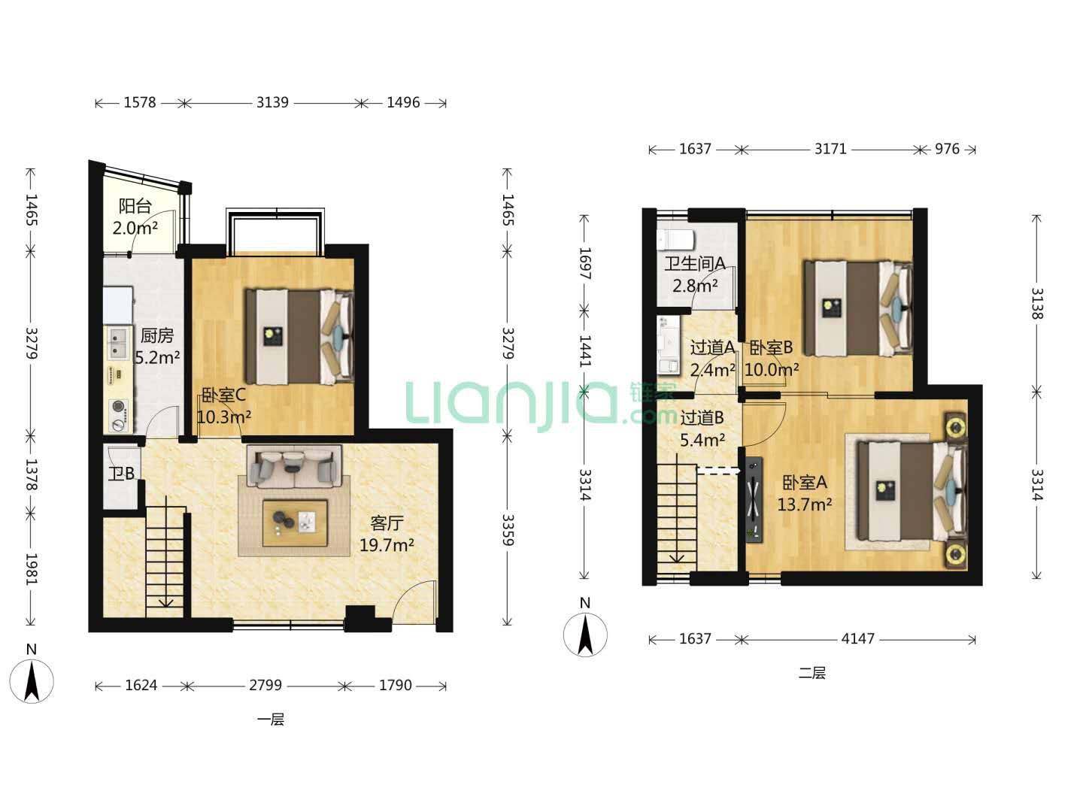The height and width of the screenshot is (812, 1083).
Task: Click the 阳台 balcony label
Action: pos(135,206)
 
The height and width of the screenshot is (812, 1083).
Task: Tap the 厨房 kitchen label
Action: pos(157,336)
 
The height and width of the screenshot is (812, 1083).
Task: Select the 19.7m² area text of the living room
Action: pos(387,545)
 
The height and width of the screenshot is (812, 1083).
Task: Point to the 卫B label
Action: pos(121,474)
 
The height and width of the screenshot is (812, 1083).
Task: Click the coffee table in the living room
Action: pos(295,523)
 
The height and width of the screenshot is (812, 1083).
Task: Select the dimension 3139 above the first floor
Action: pos(272,102)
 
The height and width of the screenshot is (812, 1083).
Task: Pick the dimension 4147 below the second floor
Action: pos(857,639)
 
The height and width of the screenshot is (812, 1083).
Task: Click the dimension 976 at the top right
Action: pos(947,149)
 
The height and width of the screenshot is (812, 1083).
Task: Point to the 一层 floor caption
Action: pos(271,720)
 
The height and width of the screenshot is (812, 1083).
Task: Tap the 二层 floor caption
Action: pos(811,674)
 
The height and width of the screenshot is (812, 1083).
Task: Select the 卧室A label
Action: pos(805,482)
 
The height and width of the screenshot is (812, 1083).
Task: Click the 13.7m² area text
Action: pos(805,504)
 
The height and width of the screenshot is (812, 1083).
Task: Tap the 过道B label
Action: pos(702,417)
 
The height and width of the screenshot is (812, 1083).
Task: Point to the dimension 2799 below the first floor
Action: pos(265,685)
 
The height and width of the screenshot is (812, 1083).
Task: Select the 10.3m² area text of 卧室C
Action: pos(224,417)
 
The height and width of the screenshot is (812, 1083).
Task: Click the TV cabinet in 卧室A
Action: pos(754,500)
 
